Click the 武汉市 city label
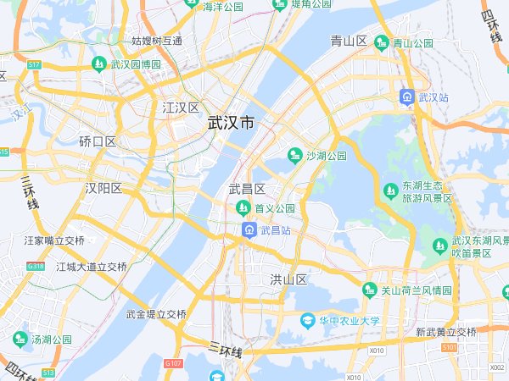230,123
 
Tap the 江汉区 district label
180,108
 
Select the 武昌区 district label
248,188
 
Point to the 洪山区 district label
288,279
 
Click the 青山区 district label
348,41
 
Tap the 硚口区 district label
98,141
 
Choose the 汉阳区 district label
103,188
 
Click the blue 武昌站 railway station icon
249,230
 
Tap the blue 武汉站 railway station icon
408,97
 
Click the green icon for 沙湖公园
295,155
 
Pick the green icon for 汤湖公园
20,340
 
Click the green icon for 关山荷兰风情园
369,290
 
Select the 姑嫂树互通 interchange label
157,40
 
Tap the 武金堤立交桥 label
156,314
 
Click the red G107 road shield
173,364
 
